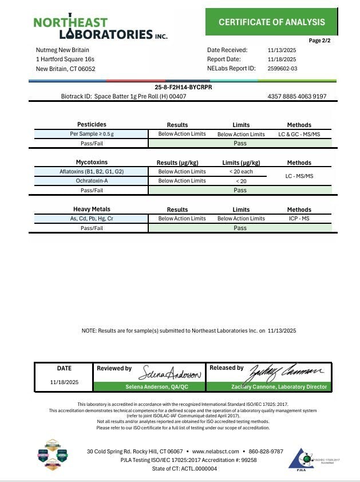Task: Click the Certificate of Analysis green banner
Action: [271, 22]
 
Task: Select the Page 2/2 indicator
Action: [319, 41]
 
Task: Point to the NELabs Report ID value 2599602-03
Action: [282, 69]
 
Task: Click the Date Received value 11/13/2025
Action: [282, 50]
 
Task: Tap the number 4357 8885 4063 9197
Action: [296, 96]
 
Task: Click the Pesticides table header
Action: [92, 125]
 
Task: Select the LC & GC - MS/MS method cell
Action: [299, 134]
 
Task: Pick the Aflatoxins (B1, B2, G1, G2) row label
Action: [92, 172]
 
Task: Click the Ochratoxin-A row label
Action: [92, 181]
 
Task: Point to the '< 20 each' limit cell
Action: [241, 172]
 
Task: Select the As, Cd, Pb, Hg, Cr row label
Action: [92, 219]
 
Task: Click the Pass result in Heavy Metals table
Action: [240, 228]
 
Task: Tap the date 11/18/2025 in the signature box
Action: [64, 382]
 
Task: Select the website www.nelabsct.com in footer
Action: [215, 451]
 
